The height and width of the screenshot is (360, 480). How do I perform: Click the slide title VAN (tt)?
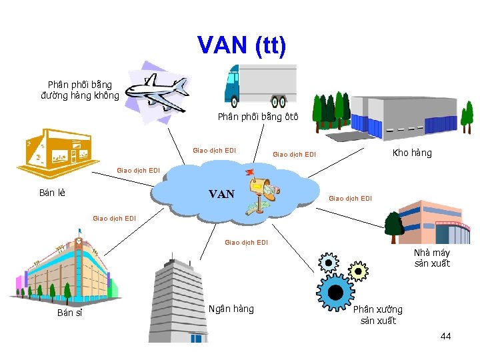click(241, 45)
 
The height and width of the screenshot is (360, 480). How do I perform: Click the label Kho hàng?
click(412, 153)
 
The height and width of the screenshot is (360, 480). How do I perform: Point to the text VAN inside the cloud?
click(221, 194)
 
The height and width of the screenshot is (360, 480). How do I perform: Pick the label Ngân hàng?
click(231, 309)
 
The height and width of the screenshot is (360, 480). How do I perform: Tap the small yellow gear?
click(358, 271)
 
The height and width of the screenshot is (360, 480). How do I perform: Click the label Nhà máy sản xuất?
click(432, 258)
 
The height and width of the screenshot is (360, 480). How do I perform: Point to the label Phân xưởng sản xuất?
click(378, 315)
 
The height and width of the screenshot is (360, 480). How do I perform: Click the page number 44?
click(445, 336)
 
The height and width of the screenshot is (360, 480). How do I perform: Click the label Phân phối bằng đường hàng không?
click(80, 90)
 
